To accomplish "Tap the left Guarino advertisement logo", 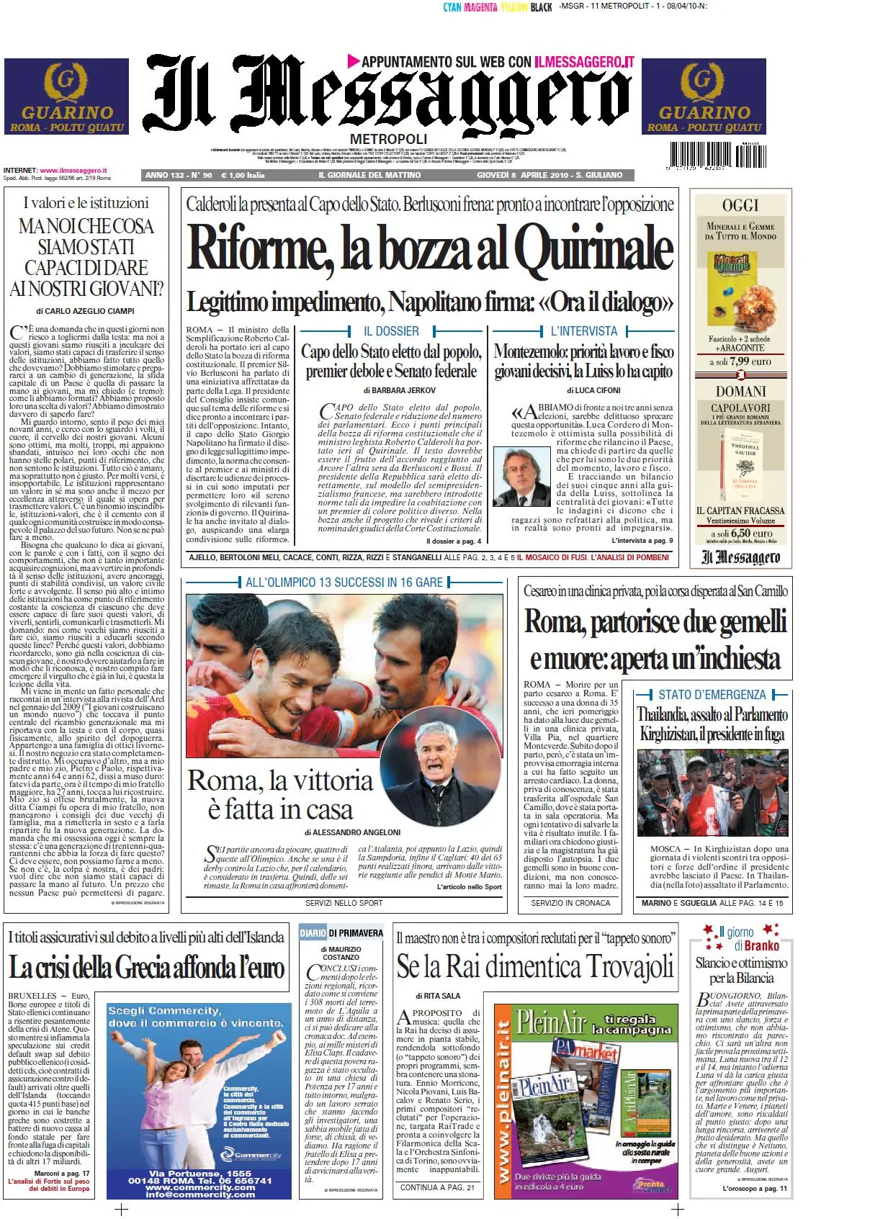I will click(x=66, y=96).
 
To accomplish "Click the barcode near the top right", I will click(x=717, y=156).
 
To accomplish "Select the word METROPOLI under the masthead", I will click(x=388, y=138).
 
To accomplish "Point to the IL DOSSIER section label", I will click(x=391, y=331).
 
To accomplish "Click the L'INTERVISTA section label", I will click(x=583, y=331).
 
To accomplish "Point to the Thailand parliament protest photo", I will click(x=712, y=792).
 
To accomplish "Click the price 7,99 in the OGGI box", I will click(x=739, y=361).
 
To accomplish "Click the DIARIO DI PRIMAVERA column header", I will click(x=341, y=932).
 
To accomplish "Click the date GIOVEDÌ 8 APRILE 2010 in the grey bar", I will click(x=523, y=175).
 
